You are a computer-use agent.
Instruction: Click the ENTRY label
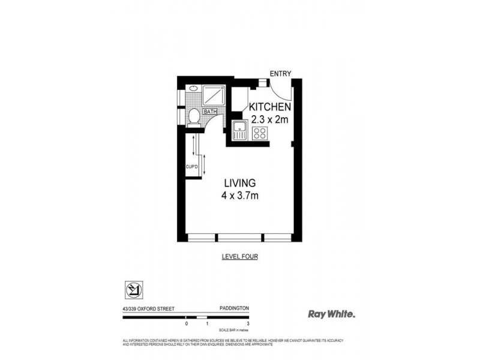[x=280, y=74]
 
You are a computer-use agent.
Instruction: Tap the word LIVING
[x=240, y=183]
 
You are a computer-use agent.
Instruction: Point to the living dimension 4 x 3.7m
[x=240, y=195]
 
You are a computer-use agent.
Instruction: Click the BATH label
[x=209, y=112]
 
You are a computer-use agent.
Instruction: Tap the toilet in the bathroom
[x=194, y=115]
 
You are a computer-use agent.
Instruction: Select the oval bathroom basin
[x=193, y=89]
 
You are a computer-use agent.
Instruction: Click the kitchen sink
[x=239, y=130]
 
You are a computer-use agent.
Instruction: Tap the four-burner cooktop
[x=260, y=133]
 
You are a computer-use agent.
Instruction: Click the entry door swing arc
[x=280, y=90]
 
